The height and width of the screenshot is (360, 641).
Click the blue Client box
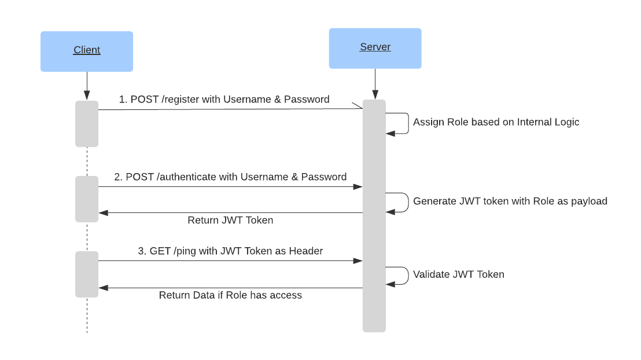tap(87, 52)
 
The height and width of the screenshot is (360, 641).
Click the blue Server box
tap(375, 49)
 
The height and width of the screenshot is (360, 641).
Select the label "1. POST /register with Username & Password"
tap(224, 100)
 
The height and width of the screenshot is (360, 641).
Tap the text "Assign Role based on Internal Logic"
tap(496, 122)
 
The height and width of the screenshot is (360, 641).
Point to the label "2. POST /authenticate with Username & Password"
tap(230, 177)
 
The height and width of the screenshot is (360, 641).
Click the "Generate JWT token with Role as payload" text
tap(510, 201)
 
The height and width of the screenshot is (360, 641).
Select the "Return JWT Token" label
tap(230, 221)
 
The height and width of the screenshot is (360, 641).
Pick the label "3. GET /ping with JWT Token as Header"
tap(230, 251)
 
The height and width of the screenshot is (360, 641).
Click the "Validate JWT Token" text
tap(458, 274)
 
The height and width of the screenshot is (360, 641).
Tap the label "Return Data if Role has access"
tap(230, 296)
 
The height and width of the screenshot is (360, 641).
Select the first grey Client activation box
tap(87, 124)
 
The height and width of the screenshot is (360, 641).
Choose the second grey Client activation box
tap(87, 199)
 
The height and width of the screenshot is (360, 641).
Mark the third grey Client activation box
tap(87, 274)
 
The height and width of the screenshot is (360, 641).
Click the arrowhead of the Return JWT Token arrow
tap(103, 213)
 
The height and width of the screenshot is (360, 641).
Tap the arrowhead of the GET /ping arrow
tap(358, 261)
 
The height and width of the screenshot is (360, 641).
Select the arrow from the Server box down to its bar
tap(375, 84)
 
